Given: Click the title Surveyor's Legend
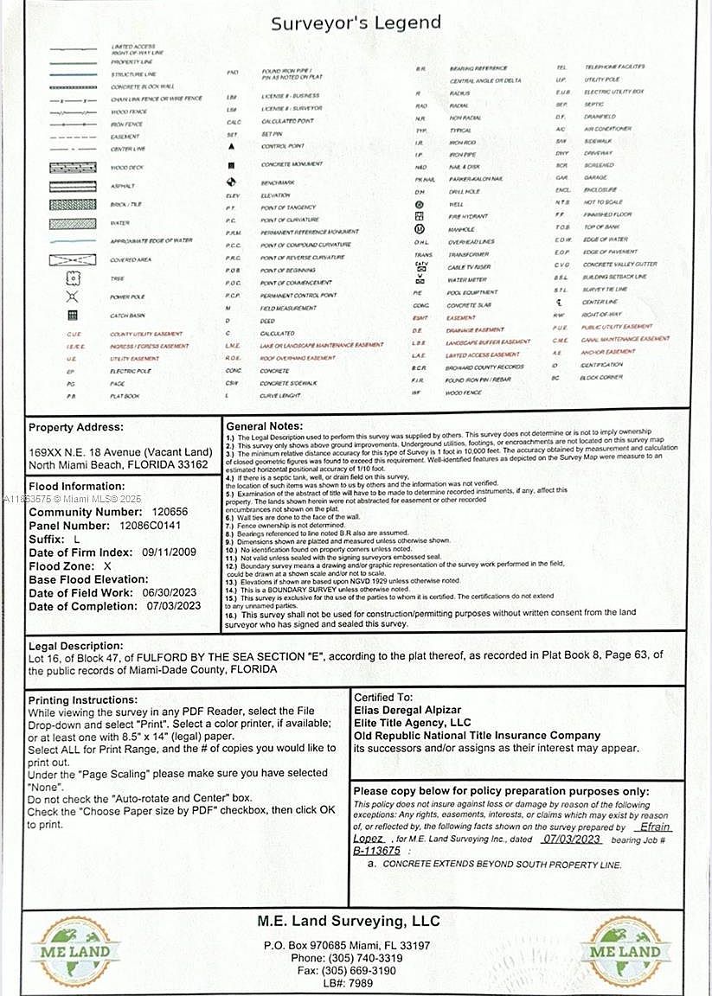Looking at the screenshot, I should (x=356, y=23).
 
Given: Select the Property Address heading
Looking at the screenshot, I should (x=76, y=427).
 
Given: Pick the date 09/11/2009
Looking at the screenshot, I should (x=170, y=552).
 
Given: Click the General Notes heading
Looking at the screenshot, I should (x=265, y=426).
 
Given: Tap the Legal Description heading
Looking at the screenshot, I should (x=76, y=646).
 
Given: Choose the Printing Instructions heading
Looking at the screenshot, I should (x=83, y=699).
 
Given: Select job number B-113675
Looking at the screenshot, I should (x=376, y=851).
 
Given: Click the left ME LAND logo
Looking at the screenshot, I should (x=75, y=951).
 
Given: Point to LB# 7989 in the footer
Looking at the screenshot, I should (x=349, y=984).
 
